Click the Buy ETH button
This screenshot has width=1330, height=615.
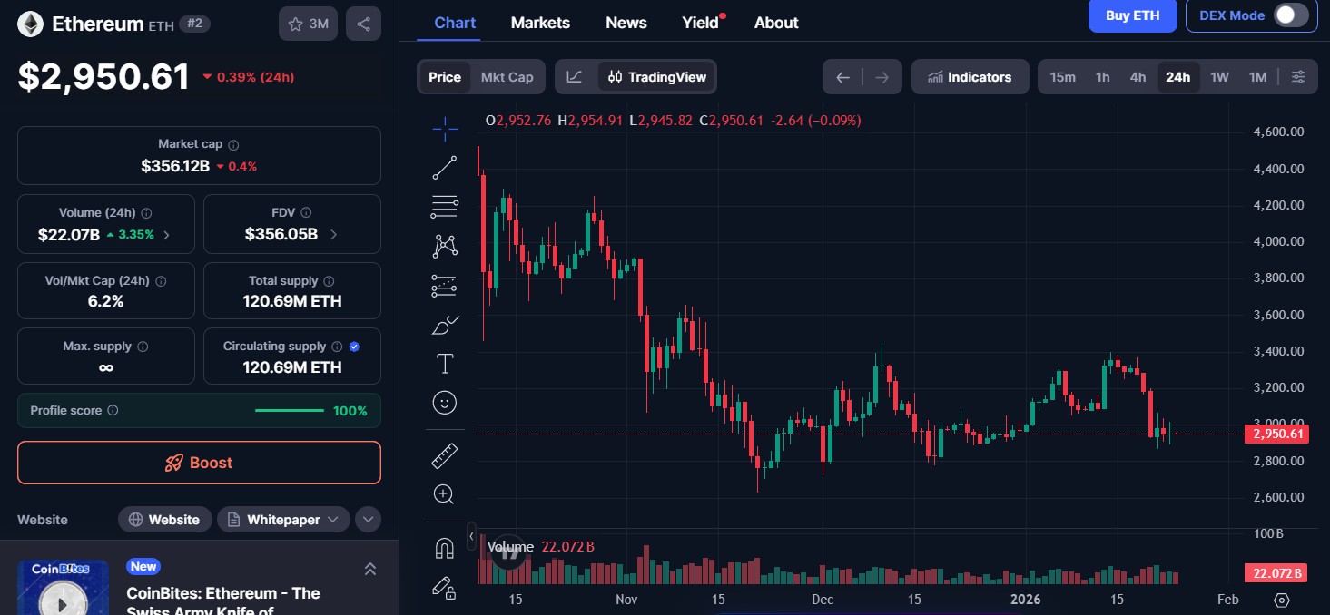1132,15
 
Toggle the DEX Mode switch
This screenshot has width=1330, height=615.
1291,15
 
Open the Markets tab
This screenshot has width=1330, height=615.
540,23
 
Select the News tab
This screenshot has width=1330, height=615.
626,23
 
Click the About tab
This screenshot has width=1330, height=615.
776,23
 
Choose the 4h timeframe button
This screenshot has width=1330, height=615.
1138,77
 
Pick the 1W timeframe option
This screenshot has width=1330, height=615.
1219,77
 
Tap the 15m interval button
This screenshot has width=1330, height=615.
1062,77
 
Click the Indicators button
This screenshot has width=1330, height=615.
970,77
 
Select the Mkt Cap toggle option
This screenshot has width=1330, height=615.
507,77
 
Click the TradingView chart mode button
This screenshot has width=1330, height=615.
657,77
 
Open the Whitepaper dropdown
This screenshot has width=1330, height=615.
283,520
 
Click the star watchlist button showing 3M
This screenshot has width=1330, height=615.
308,24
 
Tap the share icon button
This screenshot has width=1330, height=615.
363,24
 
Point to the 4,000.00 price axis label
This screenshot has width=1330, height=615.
1278,241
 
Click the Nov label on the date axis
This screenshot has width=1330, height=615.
626,600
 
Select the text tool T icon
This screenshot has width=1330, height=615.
445,365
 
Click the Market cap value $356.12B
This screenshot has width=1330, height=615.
175,166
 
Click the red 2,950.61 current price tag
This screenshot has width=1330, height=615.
1277,434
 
